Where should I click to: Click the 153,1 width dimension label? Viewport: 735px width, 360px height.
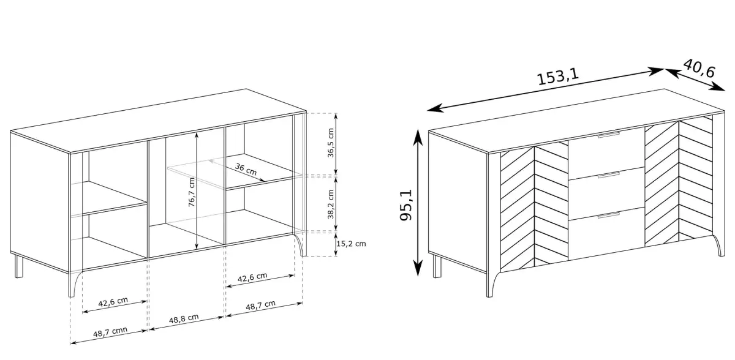pos(558,77)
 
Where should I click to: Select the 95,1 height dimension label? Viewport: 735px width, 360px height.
pos(406,205)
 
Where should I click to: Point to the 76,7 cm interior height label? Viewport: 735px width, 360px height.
pos(192,192)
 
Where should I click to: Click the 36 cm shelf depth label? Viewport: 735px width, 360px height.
pos(246,169)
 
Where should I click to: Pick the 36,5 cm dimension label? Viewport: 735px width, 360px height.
pos(331,143)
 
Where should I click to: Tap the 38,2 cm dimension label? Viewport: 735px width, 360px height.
pos(331,204)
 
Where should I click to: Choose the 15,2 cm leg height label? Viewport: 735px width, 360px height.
pos(351,244)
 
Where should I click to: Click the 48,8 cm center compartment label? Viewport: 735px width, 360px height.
pos(184,319)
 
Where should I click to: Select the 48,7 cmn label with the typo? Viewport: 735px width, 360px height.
pos(110,332)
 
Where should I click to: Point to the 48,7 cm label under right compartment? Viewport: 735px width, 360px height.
pos(260,306)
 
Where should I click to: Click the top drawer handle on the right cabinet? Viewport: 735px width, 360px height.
pos(608,135)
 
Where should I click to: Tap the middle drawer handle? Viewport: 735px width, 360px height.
pos(608,175)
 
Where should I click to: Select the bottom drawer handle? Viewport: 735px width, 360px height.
pos(608,216)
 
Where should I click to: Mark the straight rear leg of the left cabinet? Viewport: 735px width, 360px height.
pos(19,266)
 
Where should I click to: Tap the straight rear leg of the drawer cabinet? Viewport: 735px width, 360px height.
pos(437,266)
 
